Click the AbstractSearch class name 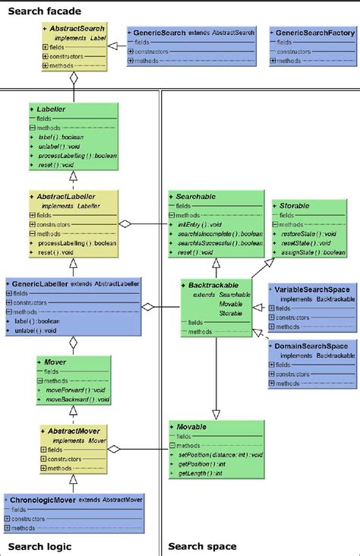(78, 28)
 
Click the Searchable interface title (199, 196)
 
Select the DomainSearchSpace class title (311, 346)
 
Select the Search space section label (202, 545)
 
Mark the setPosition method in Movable (219, 455)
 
